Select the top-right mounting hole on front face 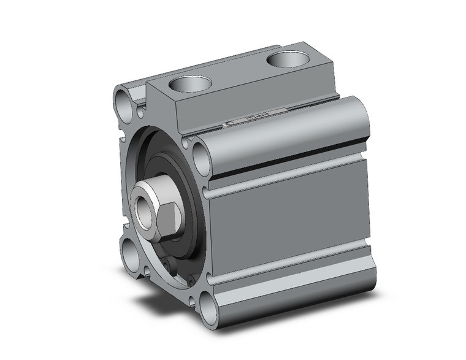[201, 157]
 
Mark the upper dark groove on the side [288, 160]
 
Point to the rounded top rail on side [288, 132]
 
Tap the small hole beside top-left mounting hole [140, 112]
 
